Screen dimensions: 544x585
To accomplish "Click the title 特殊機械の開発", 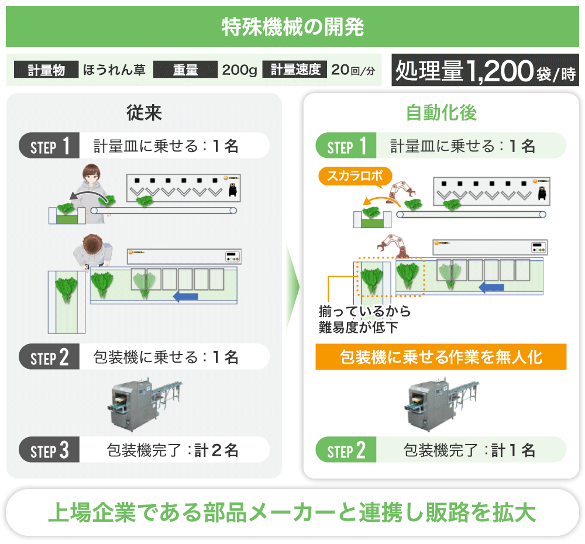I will (x=292, y=27).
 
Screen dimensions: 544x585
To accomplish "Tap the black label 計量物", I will (x=46, y=70).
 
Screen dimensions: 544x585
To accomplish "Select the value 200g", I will (x=239, y=70).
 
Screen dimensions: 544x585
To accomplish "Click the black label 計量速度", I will (x=295, y=70).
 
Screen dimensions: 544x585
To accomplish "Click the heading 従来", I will (x=144, y=113).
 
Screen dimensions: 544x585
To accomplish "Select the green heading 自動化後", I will (x=441, y=113).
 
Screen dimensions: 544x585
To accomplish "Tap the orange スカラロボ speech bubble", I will (x=353, y=175).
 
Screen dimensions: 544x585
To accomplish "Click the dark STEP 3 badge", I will (x=50, y=450).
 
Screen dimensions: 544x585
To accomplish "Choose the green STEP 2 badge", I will (x=346, y=450).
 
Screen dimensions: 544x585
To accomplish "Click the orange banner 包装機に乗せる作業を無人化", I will (x=441, y=357).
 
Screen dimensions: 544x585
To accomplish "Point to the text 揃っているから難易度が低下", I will (x=364, y=319).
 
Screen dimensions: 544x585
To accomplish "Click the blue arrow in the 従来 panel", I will (x=186, y=297).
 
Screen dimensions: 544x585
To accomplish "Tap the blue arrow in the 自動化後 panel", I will (x=491, y=288).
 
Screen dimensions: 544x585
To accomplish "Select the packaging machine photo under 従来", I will (x=144, y=404).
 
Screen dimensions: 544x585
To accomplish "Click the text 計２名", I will (x=216, y=450).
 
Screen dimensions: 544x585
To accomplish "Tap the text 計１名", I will (x=513, y=450).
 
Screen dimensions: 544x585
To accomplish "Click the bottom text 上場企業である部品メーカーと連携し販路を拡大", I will (x=292, y=512).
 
